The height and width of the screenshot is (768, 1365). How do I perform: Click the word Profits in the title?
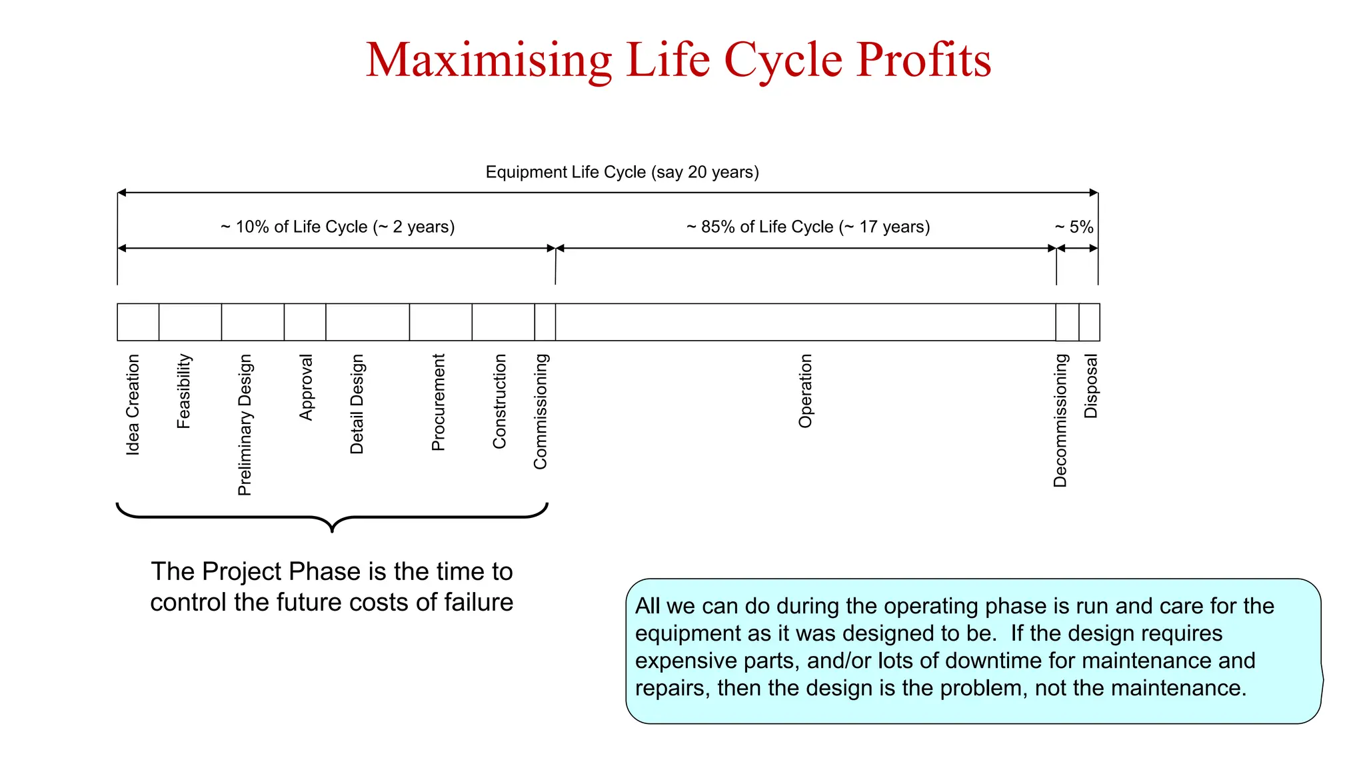923,60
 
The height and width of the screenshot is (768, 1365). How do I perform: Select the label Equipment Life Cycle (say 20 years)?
622,172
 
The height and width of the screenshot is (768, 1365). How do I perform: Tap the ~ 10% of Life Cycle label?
337,227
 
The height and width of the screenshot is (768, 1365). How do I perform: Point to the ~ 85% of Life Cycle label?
808,227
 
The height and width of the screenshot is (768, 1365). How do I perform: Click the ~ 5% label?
1074,227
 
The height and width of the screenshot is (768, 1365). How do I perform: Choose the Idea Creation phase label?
133,405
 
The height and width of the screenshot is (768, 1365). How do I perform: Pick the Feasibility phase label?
184,391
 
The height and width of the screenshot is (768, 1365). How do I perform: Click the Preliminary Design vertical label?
245,425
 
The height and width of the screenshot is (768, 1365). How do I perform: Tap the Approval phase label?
306,387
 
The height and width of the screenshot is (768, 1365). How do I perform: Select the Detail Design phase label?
357,404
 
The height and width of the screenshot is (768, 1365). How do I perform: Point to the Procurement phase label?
438,402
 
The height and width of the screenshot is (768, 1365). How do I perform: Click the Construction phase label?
499,401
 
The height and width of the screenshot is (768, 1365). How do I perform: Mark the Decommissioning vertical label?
1060,420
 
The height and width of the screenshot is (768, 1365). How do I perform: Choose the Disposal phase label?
1090,386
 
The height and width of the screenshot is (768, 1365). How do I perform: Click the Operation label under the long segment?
805,391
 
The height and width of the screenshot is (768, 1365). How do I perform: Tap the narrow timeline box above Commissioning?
545,322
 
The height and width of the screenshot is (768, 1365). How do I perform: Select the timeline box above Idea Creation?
138,322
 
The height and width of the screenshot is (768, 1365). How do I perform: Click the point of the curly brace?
332,531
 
